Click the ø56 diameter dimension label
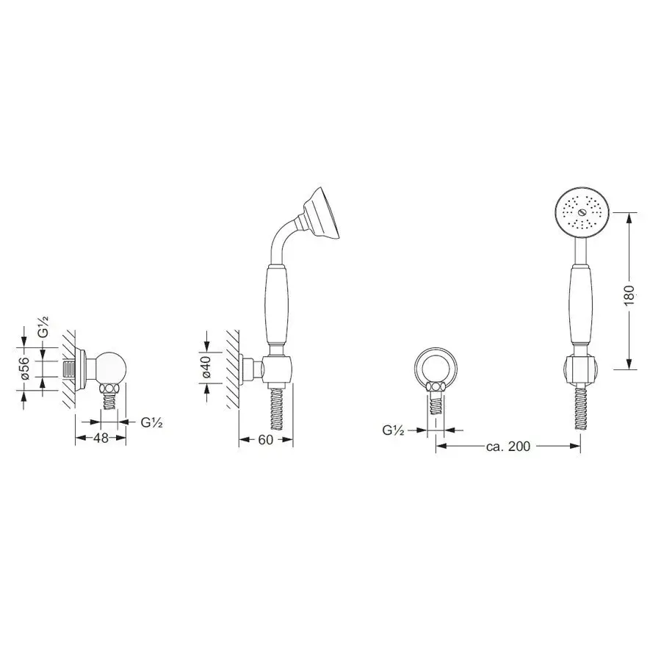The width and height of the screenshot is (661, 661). tap(24, 369)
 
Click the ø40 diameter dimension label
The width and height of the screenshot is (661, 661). tap(206, 368)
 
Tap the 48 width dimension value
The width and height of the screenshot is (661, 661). tap(101, 438)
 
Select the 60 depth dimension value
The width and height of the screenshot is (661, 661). tap(266, 440)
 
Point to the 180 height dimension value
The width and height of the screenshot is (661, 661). tap(629, 295)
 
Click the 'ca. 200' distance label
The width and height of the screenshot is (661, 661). tap(508, 446)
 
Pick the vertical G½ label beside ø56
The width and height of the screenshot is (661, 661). tap(43, 326)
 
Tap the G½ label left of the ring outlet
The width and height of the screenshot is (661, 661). tap(394, 430)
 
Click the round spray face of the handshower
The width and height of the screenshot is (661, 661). tap(582, 214)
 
